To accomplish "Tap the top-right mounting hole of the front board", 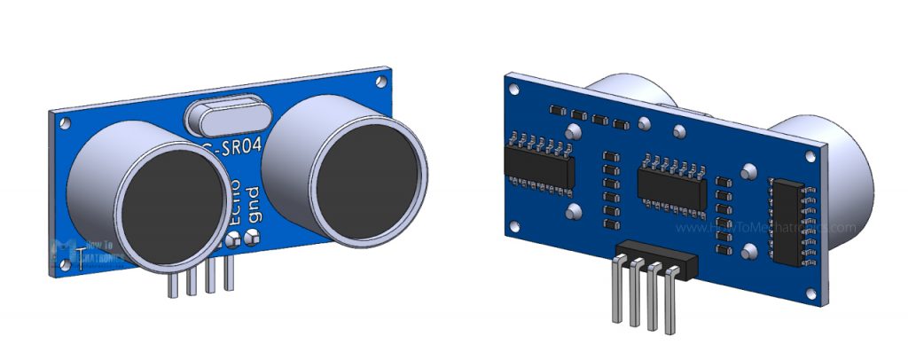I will click(381, 82).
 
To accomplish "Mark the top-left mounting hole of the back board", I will click(512, 88).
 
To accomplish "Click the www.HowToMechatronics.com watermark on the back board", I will click(767, 227).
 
